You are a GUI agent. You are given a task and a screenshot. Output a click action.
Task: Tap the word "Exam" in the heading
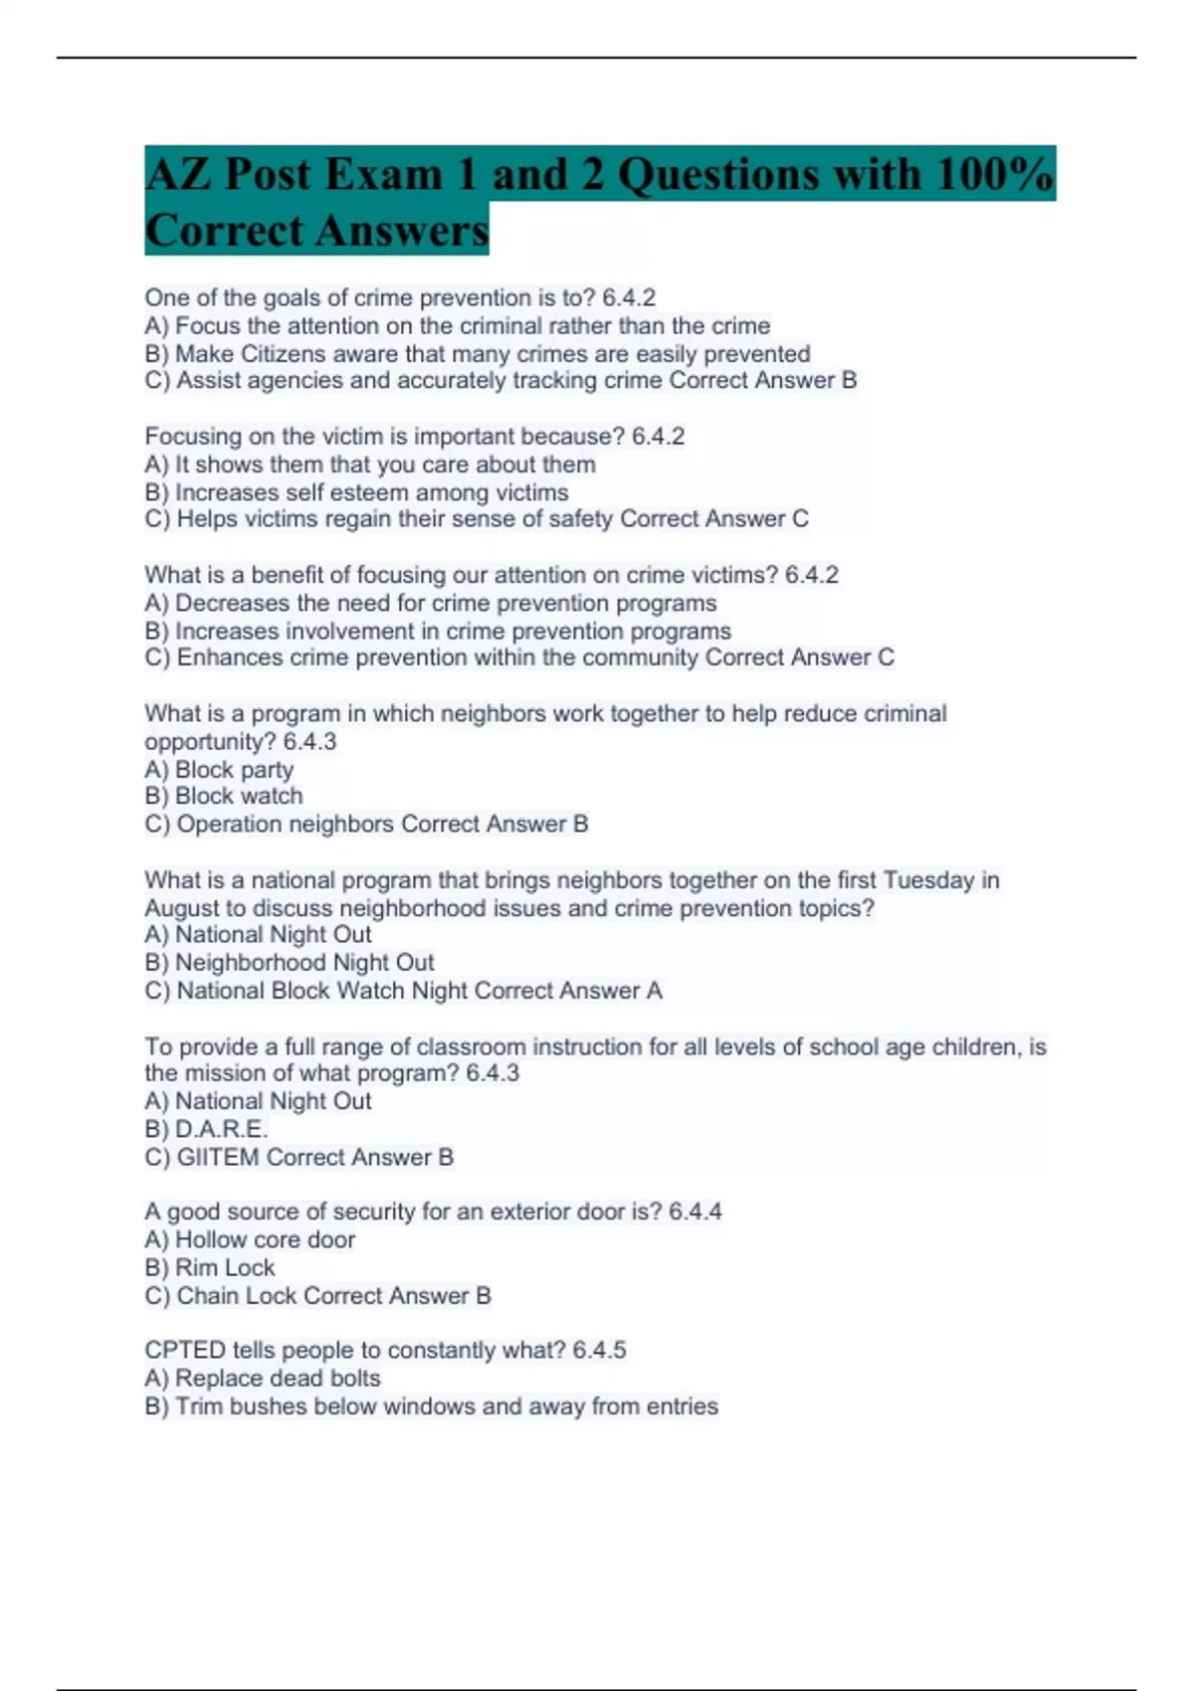click(382, 174)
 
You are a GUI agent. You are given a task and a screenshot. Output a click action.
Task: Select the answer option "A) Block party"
click(219, 770)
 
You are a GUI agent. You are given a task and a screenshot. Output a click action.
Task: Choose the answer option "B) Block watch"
click(224, 796)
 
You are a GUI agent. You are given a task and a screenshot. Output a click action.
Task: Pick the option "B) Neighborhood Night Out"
click(290, 963)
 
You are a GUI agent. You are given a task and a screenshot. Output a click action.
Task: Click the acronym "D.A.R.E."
click(222, 1129)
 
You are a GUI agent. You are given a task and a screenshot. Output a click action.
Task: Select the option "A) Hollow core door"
click(250, 1239)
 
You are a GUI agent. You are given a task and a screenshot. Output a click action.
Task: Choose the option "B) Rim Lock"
click(210, 1267)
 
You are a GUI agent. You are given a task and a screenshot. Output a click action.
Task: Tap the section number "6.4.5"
click(599, 1350)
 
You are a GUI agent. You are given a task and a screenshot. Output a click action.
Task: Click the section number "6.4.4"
click(695, 1212)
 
